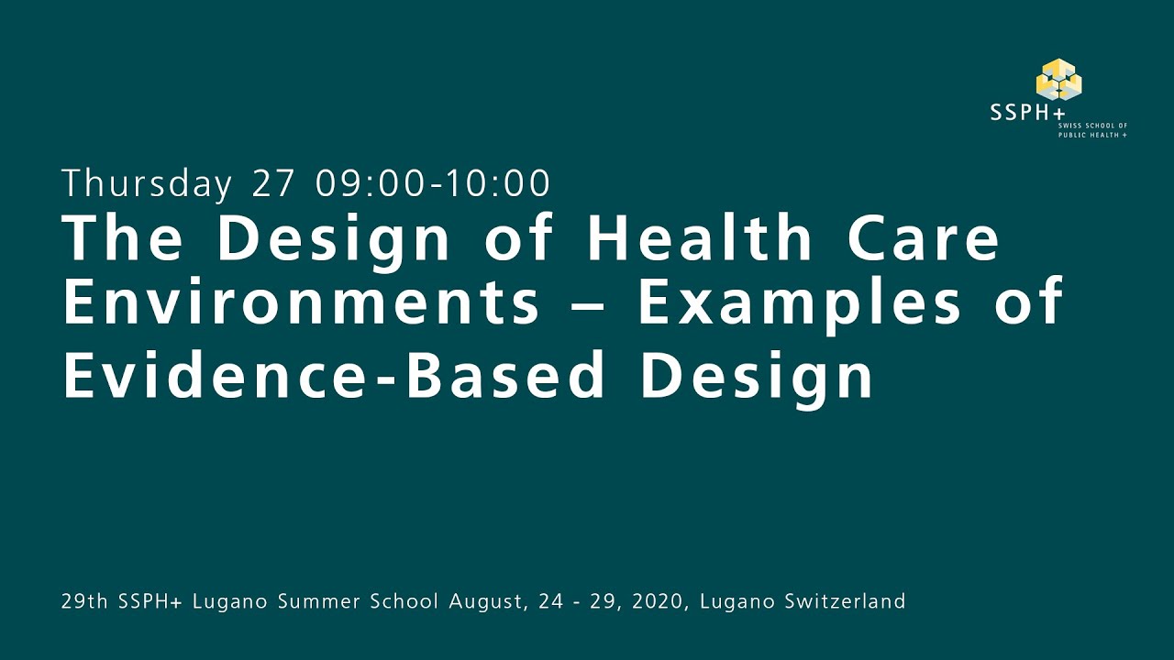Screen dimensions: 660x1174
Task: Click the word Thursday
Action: click(x=147, y=184)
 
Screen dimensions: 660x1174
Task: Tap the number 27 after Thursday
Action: click(x=273, y=183)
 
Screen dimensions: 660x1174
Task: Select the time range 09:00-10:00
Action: click(x=433, y=183)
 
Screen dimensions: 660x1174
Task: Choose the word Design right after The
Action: click(x=334, y=240)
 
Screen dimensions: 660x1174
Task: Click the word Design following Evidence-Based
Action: click(x=757, y=376)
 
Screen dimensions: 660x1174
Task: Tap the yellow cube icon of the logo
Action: click(x=1058, y=79)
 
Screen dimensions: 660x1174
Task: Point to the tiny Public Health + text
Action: click(x=1092, y=135)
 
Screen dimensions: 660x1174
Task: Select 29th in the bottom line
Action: click(x=80, y=602)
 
